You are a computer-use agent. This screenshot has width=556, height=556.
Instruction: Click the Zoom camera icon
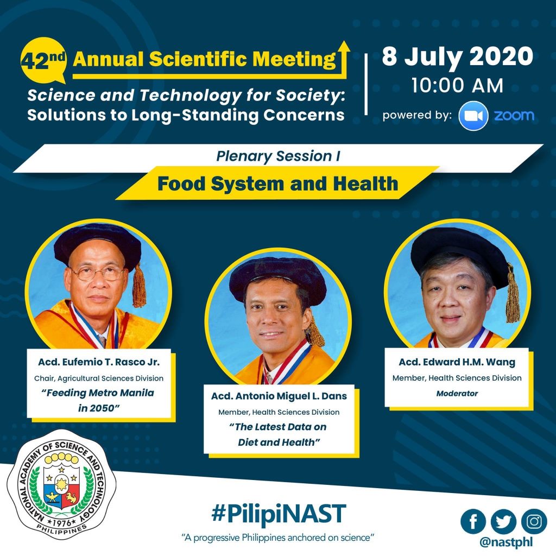(473, 116)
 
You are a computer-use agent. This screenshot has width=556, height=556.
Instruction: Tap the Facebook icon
(473, 521)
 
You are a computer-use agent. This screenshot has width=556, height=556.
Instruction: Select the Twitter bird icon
(503, 521)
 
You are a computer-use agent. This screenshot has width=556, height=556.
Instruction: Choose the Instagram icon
(534, 521)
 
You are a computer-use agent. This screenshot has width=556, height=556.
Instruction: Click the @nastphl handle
(506, 542)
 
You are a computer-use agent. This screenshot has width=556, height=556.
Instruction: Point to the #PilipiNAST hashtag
(279, 514)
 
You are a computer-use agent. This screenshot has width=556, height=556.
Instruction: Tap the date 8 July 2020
(457, 56)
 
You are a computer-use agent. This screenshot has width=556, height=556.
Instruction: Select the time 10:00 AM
(457, 85)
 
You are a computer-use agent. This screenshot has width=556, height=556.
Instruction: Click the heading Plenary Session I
(279, 156)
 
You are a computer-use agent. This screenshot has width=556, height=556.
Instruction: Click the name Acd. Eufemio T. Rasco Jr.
(99, 362)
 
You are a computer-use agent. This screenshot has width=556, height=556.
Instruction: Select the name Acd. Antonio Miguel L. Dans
(279, 396)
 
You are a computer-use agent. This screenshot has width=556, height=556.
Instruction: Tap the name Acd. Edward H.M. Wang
(457, 362)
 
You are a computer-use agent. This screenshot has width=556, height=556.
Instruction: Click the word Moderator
(457, 393)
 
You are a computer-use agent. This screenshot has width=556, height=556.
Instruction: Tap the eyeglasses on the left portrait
(97, 274)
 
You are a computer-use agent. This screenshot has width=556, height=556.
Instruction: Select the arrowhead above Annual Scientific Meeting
(343, 47)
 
